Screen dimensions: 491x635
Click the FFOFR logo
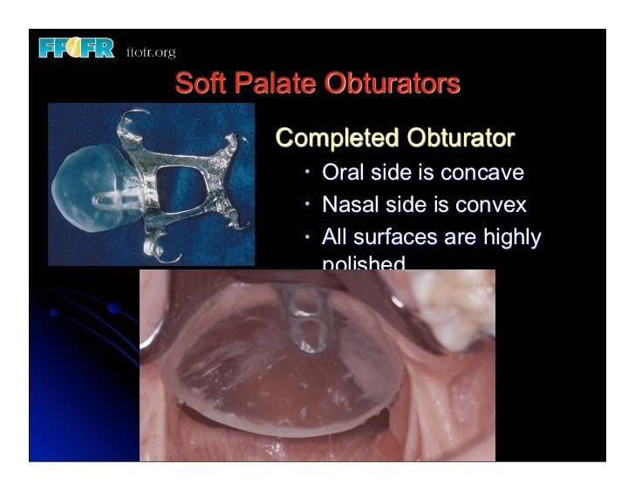pos(77,50)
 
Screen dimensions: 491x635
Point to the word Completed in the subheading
pos(334,139)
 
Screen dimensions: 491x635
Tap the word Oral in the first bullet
pos(343,173)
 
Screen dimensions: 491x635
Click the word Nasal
pos(350,205)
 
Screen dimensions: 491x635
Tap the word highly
pos(509,237)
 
